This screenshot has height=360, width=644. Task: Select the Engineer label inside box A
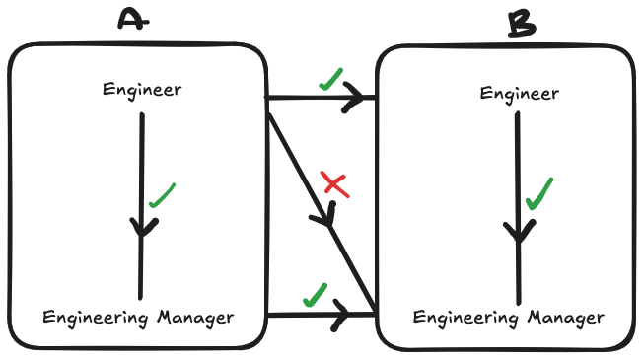pos(142,90)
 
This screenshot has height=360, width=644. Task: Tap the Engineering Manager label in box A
pos(139,318)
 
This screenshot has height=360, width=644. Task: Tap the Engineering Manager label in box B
pos(509,318)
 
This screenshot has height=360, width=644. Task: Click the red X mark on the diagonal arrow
pos(335,183)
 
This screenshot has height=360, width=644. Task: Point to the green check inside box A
pos(162,195)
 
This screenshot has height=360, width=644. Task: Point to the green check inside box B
pos(539,193)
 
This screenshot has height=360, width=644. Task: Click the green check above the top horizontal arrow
pos(330,80)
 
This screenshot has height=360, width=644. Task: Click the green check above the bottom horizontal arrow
pos(315,294)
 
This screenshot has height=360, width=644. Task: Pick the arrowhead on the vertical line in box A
pos(144,228)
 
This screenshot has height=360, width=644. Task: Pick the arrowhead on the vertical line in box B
pos(519,233)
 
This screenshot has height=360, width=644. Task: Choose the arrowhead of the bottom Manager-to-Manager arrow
pos(342,315)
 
